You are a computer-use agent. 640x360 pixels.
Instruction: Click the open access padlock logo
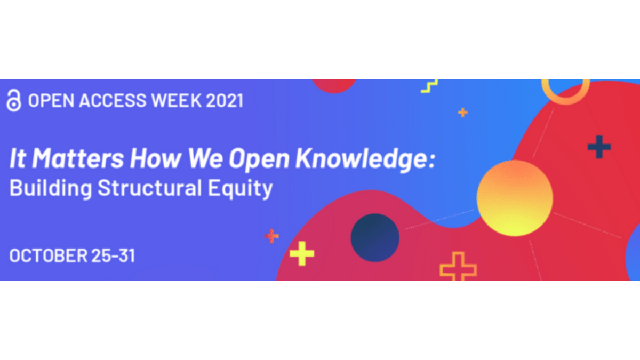coord(14,100)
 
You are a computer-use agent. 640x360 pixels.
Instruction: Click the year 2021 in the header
coord(225,101)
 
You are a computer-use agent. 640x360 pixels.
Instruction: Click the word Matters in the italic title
coord(78,158)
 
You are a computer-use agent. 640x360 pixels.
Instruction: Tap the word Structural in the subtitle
coord(150,188)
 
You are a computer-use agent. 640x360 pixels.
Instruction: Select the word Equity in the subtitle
coord(240,189)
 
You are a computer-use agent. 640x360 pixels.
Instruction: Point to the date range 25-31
coord(113,255)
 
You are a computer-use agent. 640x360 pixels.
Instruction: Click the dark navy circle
coord(375,237)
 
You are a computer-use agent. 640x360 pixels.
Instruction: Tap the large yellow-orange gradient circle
coord(515,198)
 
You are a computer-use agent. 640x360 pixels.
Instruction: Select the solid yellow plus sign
coord(302,253)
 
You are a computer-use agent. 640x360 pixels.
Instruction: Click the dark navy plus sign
coord(599,147)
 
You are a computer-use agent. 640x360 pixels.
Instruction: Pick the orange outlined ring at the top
coord(565,101)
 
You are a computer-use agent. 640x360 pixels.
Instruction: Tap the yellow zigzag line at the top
coord(429,86)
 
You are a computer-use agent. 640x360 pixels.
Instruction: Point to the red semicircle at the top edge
coord(334,86)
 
